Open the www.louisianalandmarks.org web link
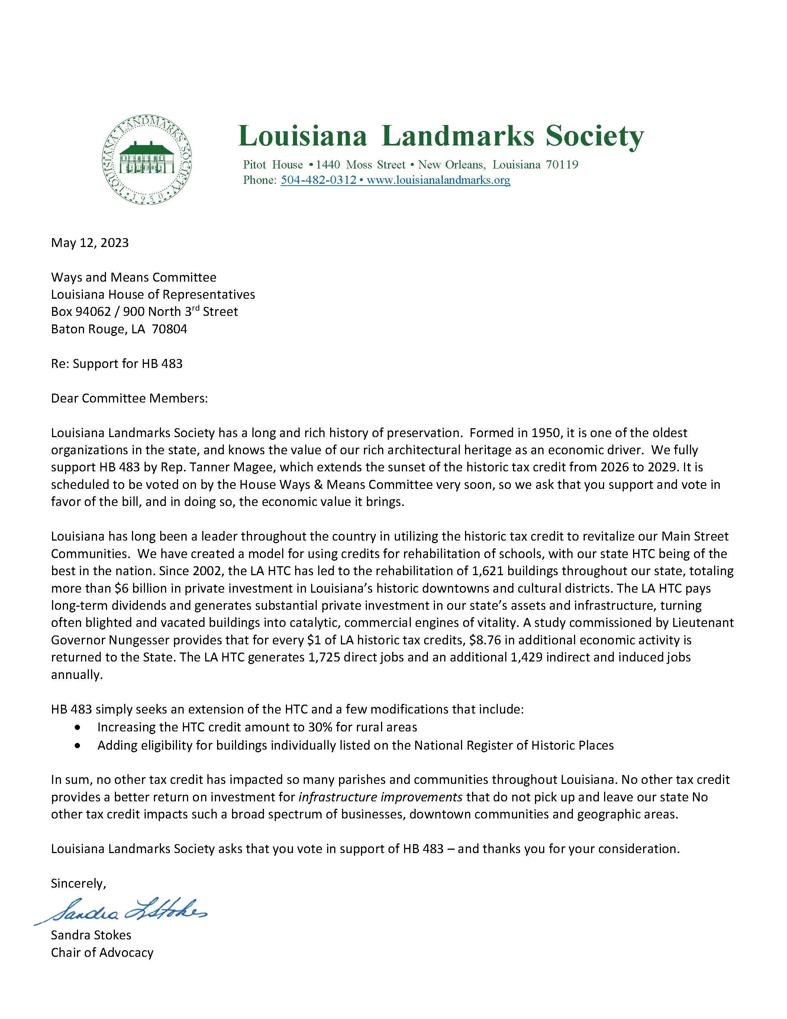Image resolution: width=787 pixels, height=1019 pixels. pyautogui.click(x=438, y=180)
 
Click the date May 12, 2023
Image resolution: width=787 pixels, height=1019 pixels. pyautogui.click(x=90, y=243)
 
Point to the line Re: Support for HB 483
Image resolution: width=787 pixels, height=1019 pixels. pyautogui.click(x=117, y=363)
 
